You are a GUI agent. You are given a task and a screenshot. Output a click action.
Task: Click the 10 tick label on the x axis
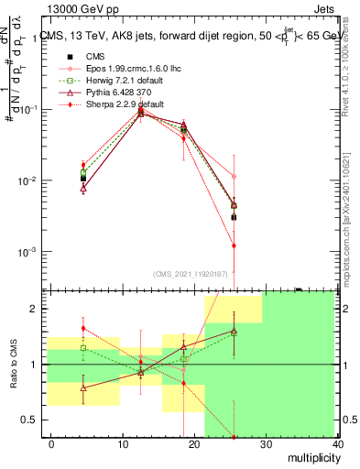click(x=122, y=444)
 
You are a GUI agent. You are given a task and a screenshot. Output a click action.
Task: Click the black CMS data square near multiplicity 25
click(x=234, y=217)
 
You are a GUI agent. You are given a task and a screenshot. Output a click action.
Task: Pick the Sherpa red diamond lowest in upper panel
click(x=234, y=245)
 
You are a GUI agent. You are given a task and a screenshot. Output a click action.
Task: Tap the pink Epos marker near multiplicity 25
click(x=234, y=176)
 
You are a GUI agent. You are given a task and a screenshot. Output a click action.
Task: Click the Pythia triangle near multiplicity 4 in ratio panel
click(x=83, y=388)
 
